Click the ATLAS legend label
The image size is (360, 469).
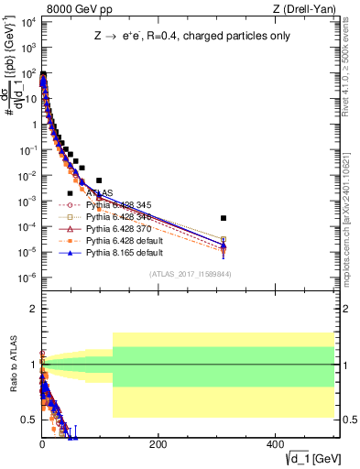tap(99, 192)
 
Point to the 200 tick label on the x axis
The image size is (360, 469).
tap(158, 444)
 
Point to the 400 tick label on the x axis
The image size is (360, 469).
tap(274, 444)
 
